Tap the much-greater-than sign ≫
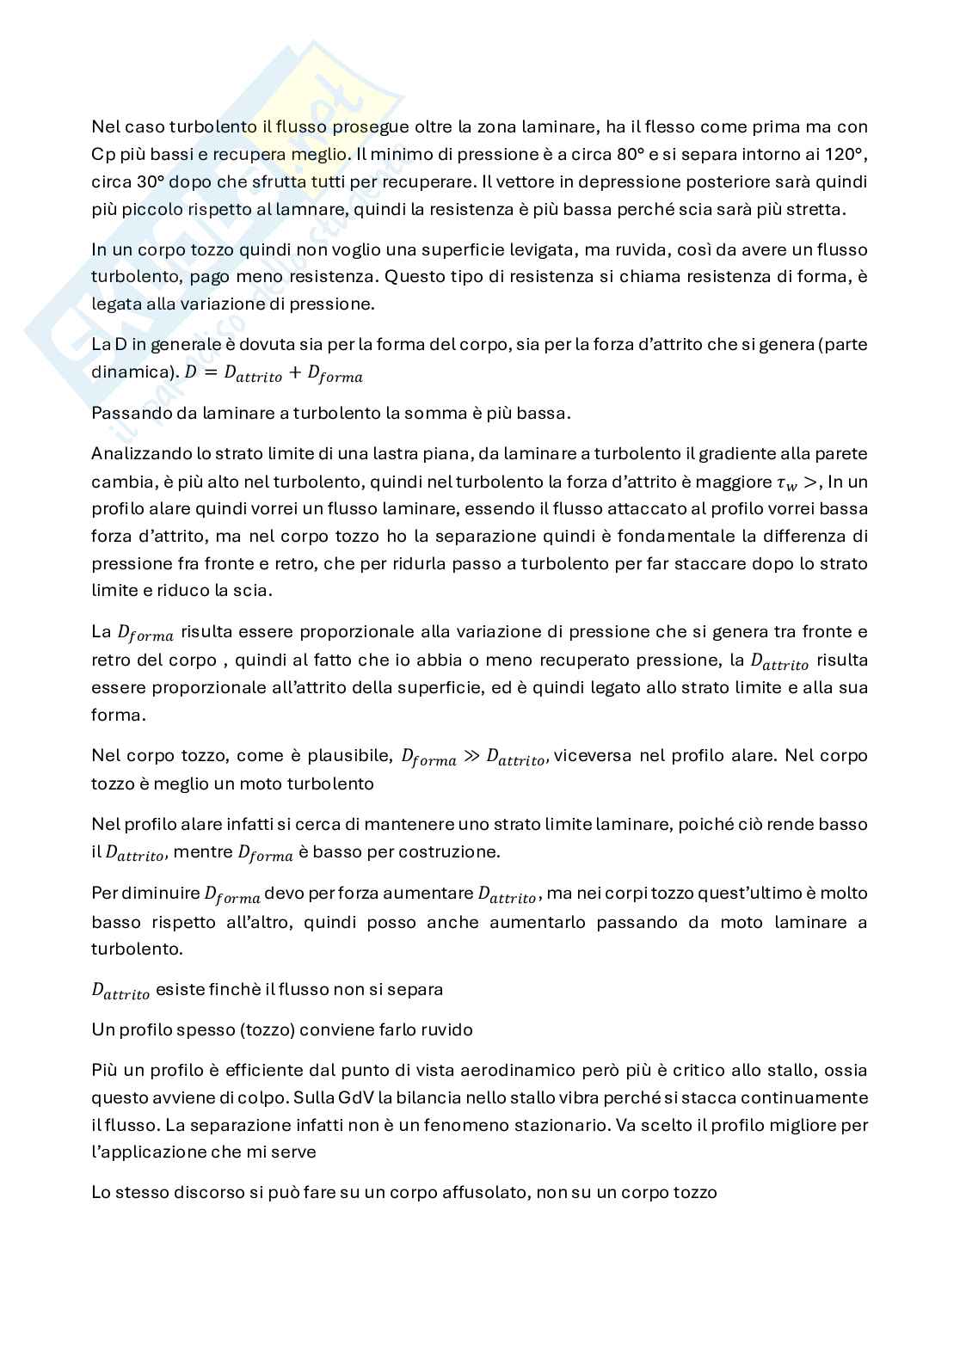471,757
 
